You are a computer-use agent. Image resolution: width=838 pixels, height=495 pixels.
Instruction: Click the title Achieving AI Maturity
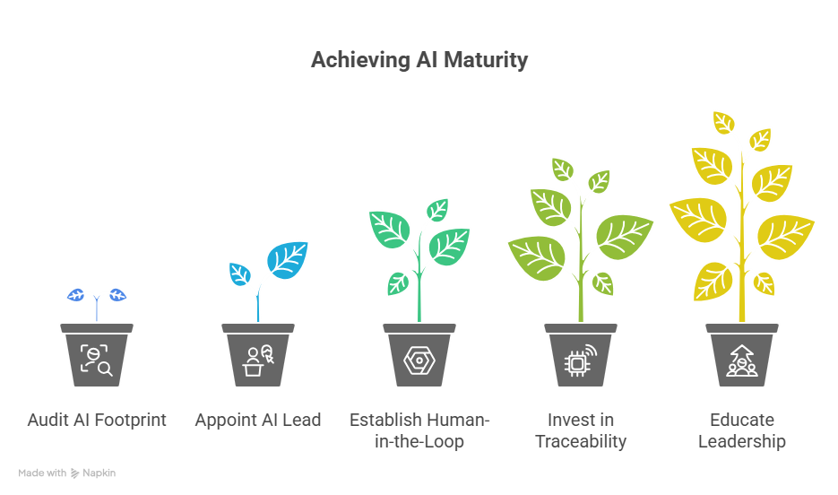[419, 61]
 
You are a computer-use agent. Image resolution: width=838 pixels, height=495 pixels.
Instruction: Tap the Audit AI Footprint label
[97, 420]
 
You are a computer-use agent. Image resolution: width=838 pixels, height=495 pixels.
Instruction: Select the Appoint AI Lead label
[257, 420]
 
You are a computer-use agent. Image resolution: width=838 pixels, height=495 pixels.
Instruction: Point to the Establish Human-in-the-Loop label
[419, 430]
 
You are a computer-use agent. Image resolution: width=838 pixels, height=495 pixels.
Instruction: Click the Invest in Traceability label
[580, 430]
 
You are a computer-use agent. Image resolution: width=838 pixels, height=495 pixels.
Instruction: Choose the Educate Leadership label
[741, 430]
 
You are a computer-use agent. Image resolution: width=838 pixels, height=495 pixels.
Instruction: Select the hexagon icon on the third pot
[419, 360]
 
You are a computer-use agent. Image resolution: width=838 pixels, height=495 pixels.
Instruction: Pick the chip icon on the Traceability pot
[580, 360]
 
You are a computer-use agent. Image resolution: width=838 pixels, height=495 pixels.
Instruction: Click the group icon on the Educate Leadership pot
[741, 360]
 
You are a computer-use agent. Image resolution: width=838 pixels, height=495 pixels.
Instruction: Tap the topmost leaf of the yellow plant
[722, 122]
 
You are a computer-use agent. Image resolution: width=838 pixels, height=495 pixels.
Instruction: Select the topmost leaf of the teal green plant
[437, 210]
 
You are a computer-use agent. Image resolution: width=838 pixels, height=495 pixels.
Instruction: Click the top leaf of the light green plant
[563, 169]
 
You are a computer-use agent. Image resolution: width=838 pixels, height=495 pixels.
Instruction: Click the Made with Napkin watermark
[67, 473]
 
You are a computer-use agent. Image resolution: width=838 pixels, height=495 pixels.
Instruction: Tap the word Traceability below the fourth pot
[580, 441]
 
